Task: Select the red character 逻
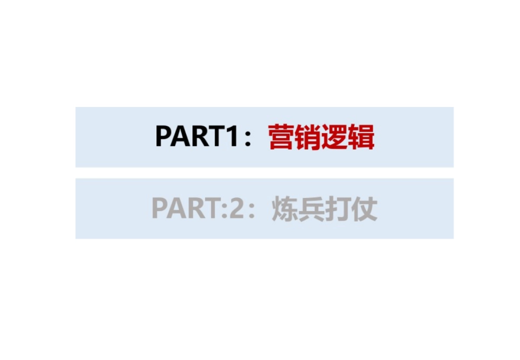click(335, 137)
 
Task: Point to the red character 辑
click(361, 137)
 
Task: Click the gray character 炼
click(285, 209)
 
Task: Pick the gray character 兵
click(311, 209)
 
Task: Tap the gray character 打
click(338, 209)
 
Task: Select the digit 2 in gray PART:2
click(246, 209)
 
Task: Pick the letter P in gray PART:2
click(161, 209)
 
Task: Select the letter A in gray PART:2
click(179, 209)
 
